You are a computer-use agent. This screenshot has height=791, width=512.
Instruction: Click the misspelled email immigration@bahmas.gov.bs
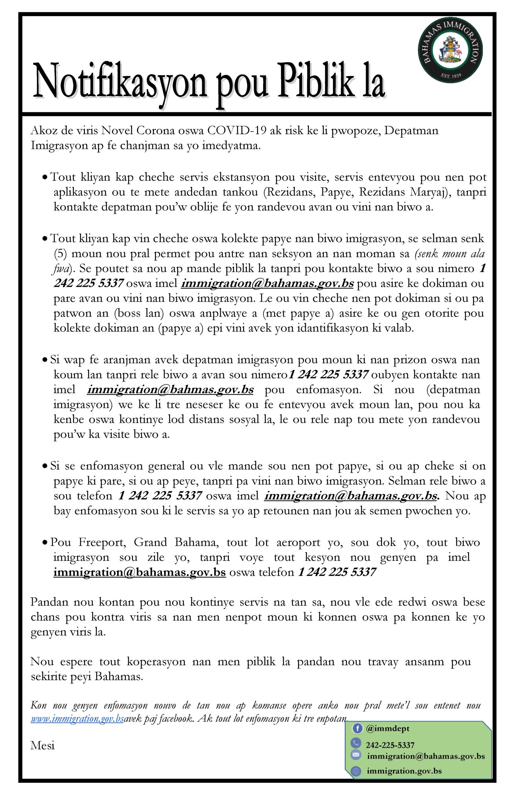click(170, 389)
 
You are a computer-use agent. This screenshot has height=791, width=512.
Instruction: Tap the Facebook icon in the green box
click(357, 729)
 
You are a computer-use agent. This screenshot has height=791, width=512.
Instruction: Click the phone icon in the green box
click(356, 743)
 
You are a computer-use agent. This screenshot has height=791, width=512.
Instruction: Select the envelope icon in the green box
click(356, 755)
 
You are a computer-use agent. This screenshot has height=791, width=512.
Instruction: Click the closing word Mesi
click(43, 746)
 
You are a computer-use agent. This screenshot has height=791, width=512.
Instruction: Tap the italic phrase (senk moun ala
click(450, 254)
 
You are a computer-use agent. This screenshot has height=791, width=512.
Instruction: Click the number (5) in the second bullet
click(61, 254)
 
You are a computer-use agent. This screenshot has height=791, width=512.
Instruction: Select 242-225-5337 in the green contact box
click(390, 745)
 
